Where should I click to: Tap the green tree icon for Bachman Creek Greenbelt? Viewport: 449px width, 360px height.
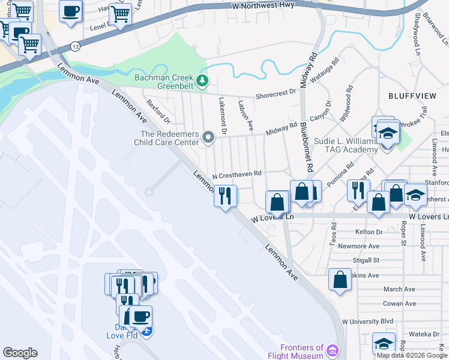203,79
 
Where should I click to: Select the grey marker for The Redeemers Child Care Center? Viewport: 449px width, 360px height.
208,138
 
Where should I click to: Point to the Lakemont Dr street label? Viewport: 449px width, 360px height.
223,115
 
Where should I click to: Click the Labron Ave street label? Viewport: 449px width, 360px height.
246,115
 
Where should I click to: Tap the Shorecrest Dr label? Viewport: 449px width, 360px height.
276,93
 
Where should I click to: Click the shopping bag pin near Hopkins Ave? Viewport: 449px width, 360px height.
340,280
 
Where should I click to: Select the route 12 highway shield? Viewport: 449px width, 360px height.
74,46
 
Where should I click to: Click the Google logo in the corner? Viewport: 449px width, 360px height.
20,353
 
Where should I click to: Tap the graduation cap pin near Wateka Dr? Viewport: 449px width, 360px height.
384,343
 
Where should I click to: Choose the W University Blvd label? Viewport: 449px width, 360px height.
367,321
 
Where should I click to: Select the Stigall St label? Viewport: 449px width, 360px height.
367,260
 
